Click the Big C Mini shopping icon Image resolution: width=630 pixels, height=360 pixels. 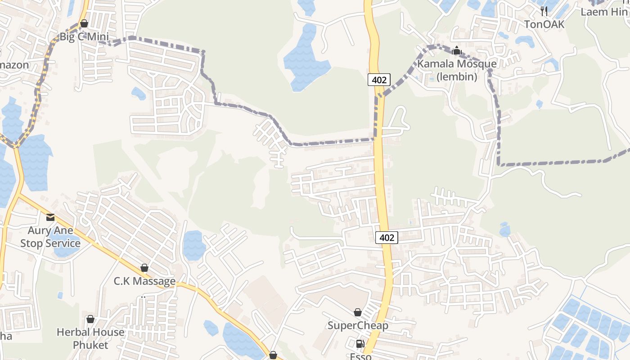click(x=84, y=23)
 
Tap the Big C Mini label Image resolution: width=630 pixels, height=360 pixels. click(x=84, y=37)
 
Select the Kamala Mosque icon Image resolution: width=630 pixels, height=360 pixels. click(x=457, y=50)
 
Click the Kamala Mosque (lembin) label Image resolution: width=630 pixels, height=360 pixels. click(x=457, y=70)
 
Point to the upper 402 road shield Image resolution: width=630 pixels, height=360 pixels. click(x=379, y=80)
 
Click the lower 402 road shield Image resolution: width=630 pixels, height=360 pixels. click(x=387, y=237)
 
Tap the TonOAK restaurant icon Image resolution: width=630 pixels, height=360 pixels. click(x=544, y=11)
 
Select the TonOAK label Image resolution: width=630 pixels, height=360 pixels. click(x=544, y=24)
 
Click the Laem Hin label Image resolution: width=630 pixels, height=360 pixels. click(x=604, y=12)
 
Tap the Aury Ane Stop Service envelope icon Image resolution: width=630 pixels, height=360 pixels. click(x=50, y=217)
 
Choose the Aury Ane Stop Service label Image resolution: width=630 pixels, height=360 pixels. click(x=50, y=237)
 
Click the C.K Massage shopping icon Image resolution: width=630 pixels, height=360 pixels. click(x=144, y=268)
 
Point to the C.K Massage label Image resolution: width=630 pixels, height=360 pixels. click(x=144, y=281)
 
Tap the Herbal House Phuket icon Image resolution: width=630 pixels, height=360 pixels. click(x=90, y=319)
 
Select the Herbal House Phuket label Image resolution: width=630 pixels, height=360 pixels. click(x=90, y=338)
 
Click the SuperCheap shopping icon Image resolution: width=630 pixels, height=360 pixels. click(x=358, y=312)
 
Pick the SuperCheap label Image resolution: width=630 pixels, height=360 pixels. click(x=358, y=325)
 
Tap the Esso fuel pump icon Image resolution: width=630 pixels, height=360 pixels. click(x=360, y=344)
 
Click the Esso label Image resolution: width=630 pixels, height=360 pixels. click(x=361, y=356)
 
